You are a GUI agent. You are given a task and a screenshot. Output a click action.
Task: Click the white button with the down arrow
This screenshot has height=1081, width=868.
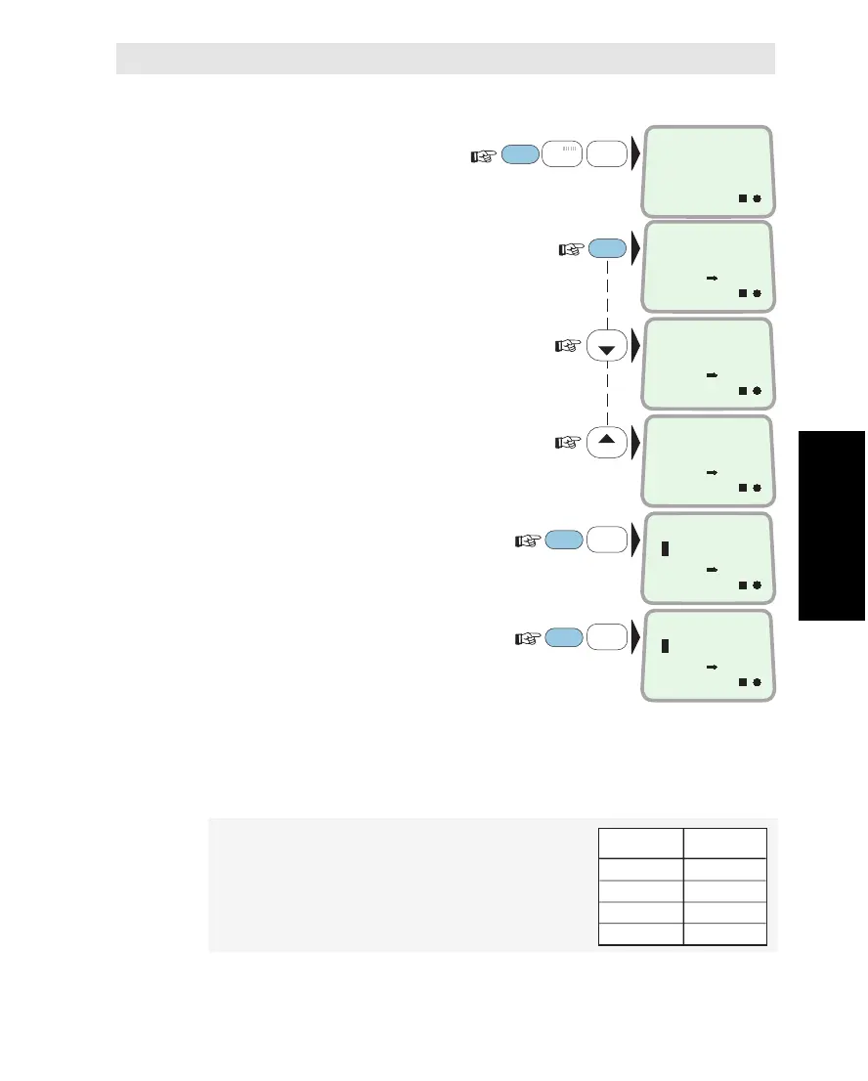[606, 346]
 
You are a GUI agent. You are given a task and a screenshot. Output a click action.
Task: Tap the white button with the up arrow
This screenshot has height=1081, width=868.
[606, 442]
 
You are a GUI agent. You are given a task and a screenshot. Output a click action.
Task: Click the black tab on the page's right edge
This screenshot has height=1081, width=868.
[833, 524]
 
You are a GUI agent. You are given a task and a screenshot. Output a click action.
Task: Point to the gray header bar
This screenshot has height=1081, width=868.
[446, 59]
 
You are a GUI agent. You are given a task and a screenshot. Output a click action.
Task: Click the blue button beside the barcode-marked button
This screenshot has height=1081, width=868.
[519, 153]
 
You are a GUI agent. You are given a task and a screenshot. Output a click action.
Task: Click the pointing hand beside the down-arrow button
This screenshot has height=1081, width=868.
[570, 346]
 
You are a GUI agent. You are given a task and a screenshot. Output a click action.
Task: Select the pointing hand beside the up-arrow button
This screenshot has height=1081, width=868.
[570, 442]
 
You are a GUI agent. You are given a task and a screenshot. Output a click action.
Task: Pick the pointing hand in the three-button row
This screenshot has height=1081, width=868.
[483, 153]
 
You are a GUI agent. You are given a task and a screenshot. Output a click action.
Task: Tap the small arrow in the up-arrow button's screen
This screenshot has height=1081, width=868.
[712, 472]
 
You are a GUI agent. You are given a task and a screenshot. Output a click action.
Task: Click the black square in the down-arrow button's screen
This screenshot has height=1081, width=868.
[742, 390]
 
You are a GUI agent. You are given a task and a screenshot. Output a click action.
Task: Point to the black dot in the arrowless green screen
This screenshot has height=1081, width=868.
[758, 198]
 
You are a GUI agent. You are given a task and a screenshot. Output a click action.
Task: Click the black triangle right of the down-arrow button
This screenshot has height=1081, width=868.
[636, 346]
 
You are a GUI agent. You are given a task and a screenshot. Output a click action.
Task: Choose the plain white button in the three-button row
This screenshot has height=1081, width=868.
[607, 153]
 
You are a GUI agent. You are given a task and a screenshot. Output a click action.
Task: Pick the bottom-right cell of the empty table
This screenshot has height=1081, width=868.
[724, 934]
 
